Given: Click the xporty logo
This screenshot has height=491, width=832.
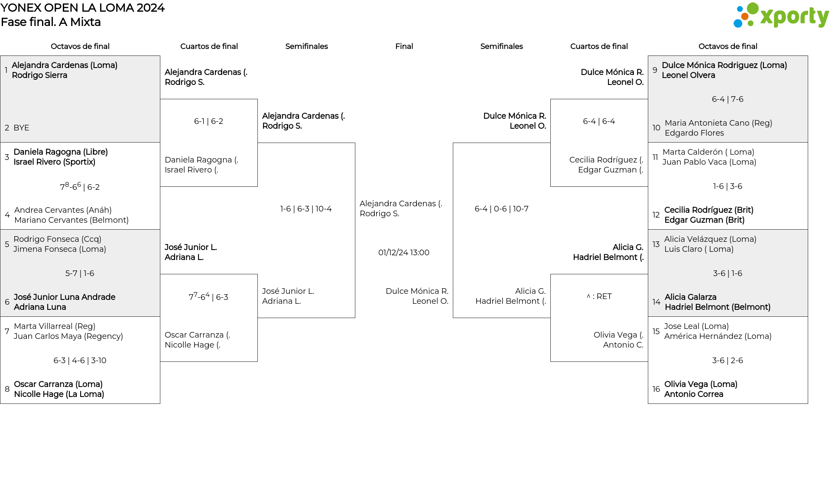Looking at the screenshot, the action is click(x=781, y=16).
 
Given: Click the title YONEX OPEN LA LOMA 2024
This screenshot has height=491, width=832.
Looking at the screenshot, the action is click(x=82, y=8).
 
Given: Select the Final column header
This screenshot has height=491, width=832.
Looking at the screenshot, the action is click(x=404, y=46).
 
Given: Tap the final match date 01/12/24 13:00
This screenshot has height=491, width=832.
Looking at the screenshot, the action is click(x=404, y=253).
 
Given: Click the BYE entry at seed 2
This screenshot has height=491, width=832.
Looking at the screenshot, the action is click(x=21, y=128).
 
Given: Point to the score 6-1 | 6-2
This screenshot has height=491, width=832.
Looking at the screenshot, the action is click(x=208, y=121).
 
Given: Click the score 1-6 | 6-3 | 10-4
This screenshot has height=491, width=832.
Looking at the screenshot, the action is click(x=306, y=209).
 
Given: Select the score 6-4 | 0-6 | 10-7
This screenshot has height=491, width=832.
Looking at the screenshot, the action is click(x=501, y=209).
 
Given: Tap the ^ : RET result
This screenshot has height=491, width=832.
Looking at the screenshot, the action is click(x=599, y=296).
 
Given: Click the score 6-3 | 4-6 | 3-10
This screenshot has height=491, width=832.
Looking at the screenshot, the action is click(x=80, y=361).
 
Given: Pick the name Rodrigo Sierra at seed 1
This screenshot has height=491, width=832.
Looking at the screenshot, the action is click(x=39, y=75).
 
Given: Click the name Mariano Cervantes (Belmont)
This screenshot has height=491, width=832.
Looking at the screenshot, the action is click(x=71, y=220).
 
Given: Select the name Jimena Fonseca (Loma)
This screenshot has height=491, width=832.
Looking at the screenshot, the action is click(x=60, y=249).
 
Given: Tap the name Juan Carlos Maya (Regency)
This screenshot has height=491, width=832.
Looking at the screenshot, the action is click(x=68, y=336).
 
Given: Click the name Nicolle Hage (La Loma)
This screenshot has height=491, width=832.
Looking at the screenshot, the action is click(x=59, y=394).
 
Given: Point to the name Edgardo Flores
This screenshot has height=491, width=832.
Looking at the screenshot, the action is click(x=694, y=133).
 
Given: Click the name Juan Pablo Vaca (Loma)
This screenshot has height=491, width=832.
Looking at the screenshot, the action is click(x=709, y=162).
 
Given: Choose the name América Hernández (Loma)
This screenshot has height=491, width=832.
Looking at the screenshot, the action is click(x=718, y=336).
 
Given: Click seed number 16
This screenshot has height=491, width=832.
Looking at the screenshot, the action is click(x=656, y=389).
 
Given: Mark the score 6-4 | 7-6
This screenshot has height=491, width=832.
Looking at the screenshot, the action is click(x=728, y=99).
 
